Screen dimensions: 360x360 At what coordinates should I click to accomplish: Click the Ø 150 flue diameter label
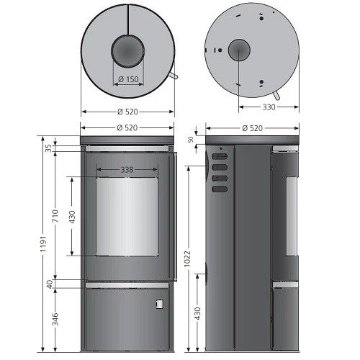128,79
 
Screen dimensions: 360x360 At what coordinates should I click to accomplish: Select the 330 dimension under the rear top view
269,107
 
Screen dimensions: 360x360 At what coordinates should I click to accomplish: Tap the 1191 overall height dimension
43,243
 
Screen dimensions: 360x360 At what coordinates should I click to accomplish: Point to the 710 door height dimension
55,215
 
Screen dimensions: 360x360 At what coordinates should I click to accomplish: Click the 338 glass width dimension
127,170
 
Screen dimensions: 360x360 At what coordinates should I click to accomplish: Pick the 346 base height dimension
55,319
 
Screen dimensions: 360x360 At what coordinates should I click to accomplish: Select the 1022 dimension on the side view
187,258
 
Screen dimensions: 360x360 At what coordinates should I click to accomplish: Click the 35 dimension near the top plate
49,148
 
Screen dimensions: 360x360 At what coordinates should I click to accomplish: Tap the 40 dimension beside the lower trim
50,284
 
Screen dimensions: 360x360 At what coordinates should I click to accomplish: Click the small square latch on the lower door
160,304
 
